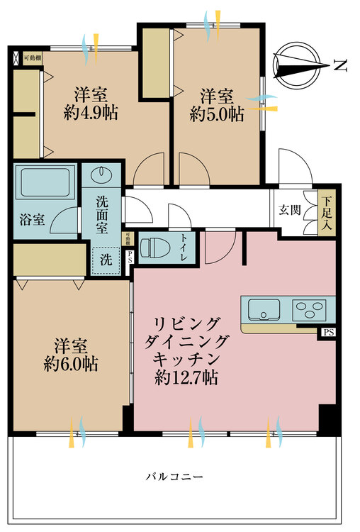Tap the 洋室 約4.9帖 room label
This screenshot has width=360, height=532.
(x=90, y=104)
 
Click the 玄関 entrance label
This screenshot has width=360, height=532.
(x=287, y=210)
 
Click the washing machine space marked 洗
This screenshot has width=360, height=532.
(x=105, y=260)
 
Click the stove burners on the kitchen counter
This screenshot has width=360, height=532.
(x=309, y=309)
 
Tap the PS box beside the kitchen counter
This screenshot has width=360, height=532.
(x=328, y=332)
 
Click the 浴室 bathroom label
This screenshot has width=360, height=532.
(x=32, y=219)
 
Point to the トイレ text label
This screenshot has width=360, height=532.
(x=184, y=248)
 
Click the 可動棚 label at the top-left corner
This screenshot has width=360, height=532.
(x=32, y=58)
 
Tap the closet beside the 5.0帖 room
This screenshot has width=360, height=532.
(x=155, y=63)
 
